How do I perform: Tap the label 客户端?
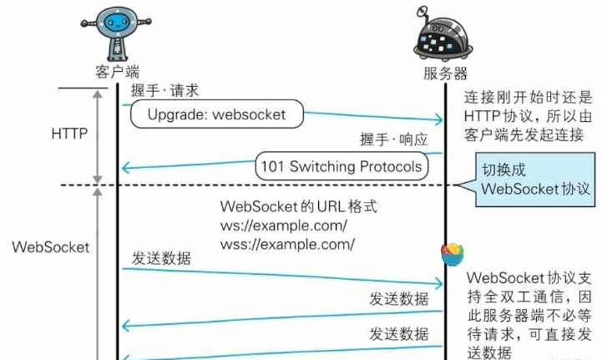(x=117, y=71)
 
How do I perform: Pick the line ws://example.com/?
(x=283, y=226)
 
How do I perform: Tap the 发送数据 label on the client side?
(x=160, y=258)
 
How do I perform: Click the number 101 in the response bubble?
(x=273, y=166)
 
